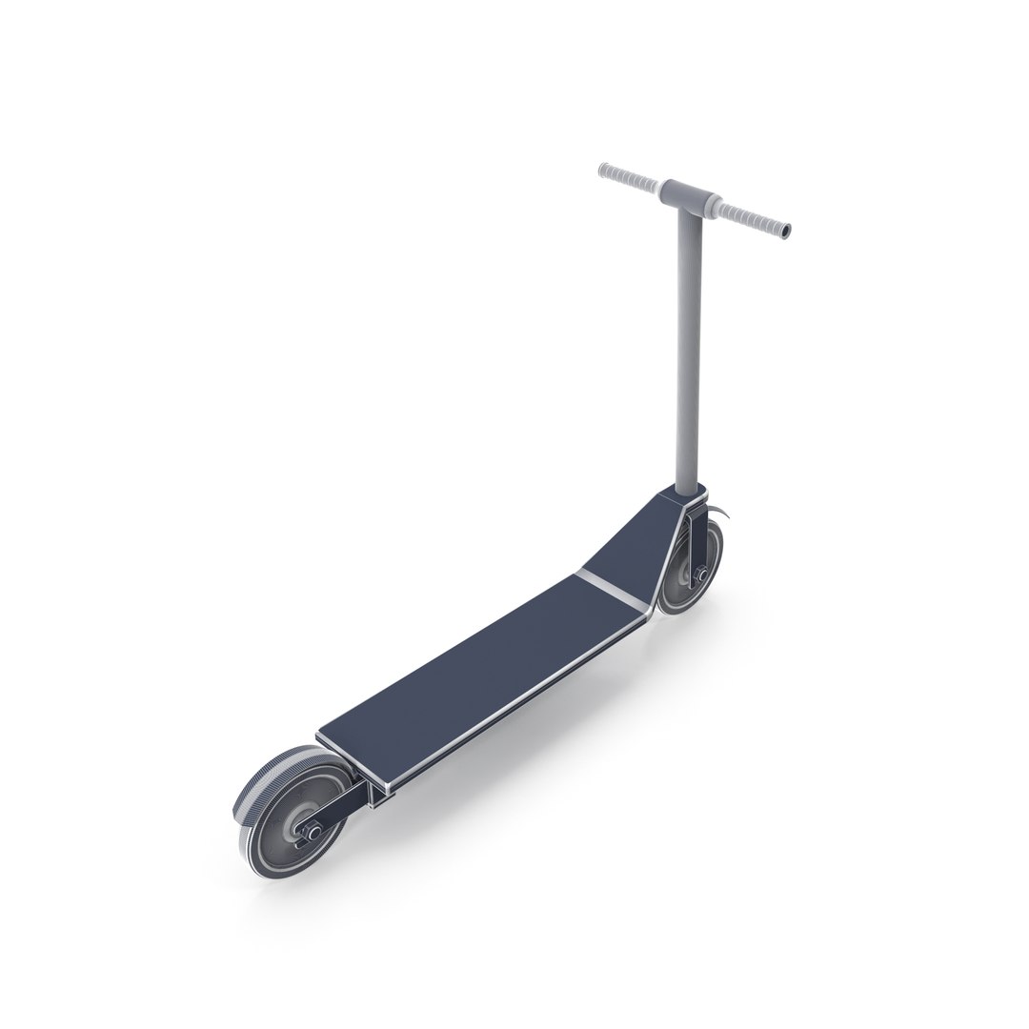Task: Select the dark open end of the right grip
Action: tap(786, 232)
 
